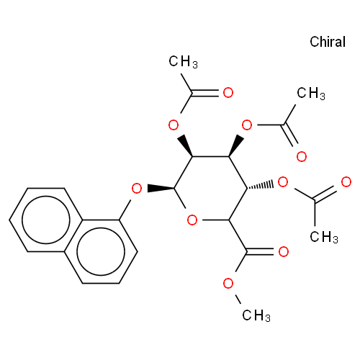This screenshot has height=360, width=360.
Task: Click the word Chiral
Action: click(328, 42)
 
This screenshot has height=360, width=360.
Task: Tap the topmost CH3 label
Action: click(183, 62)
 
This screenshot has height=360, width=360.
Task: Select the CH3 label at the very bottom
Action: click(256, 315)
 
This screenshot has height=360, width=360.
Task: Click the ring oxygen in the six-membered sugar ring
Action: click(192, 220)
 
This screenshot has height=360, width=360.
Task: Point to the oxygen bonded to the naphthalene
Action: click(137, 189)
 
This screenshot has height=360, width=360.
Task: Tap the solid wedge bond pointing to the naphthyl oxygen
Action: click(161, 188)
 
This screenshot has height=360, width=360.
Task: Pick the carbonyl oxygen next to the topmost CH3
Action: click(228, 93)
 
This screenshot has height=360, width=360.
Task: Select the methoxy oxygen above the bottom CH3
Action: click(228, 283)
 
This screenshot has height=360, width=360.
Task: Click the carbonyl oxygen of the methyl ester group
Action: click(283, 251)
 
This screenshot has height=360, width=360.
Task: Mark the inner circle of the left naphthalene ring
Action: click(46, 220)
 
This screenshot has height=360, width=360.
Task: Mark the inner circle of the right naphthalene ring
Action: click(101, 251)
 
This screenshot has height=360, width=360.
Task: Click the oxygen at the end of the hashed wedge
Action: click(283, 182)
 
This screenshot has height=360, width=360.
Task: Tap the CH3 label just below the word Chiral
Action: click(311, 93)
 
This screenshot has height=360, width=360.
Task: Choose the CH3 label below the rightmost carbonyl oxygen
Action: click(324, 237)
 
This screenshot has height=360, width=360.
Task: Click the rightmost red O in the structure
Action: click(346, 182)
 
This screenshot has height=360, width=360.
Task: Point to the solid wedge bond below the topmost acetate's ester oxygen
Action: click(185, 145)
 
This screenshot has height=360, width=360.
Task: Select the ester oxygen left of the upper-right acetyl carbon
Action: click(247, 125)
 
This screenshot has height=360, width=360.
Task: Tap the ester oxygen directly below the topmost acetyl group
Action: click(174, 125)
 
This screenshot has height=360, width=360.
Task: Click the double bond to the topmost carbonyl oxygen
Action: click(204, 93)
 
